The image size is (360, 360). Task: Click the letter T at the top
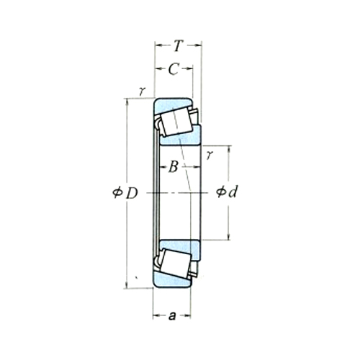pyautogui.click(x=177, y=47)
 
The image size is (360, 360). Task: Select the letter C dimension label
pyautogui.click(x=173, y=69)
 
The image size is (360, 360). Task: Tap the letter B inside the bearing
pyautogui.click(x=173, y=168)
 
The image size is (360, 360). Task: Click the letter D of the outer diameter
pyautogui.click(x=131, y=193)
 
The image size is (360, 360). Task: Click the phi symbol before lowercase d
pyautogui.click(x=220, y=193)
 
